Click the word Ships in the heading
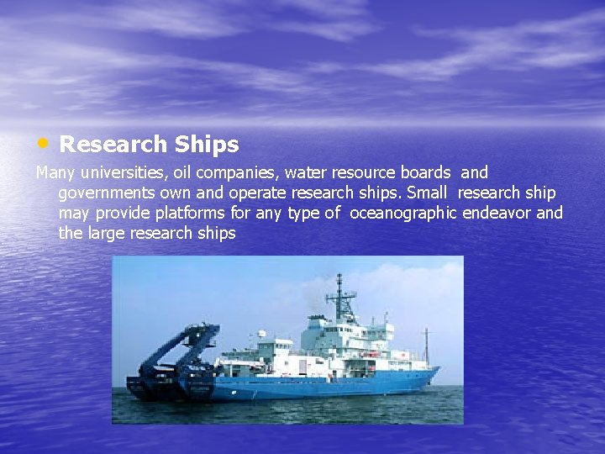pos(207,145)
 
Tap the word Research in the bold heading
pos(113,145)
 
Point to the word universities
pos(123,172)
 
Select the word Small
pos(427,193)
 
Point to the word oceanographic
pos(403,214)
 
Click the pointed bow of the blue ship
pos(436,369)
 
